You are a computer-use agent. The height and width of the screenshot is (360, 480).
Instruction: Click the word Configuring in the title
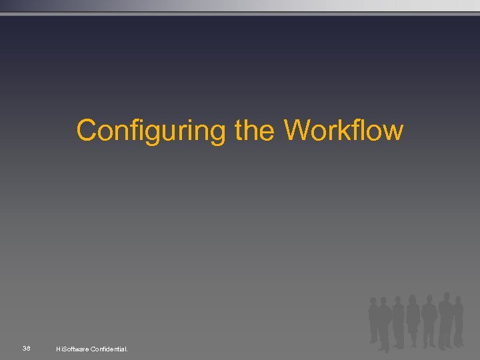click(151, 131)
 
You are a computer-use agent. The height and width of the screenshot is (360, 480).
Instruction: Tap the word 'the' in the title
click(256, 130)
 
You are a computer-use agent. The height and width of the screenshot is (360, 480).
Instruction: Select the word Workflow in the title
click(344, 130)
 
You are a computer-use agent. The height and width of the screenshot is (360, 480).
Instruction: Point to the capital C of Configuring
click(87, 130)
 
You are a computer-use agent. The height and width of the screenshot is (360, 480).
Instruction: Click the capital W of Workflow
click(298, 130)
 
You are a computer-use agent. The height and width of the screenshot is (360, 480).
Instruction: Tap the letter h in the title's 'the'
click(255, 130)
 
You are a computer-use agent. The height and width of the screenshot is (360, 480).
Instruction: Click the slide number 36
click(26, 348)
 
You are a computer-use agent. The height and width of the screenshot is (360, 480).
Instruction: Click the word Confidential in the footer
click(109, 349)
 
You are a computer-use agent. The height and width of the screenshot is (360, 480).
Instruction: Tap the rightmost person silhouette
click(458, 320)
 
